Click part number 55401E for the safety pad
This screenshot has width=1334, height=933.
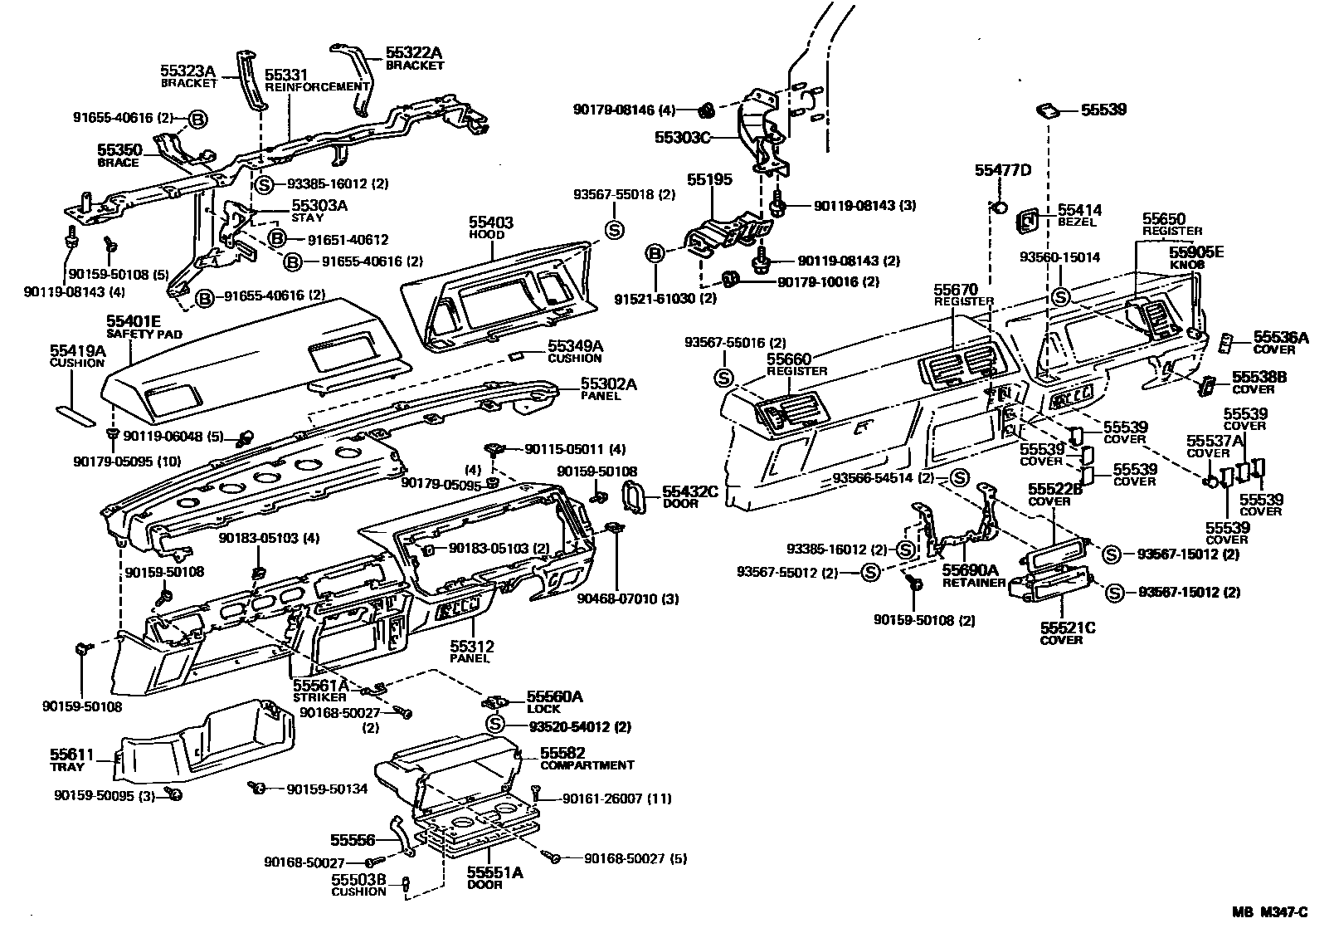click(x=133, y=320)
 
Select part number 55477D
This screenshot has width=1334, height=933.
click(x=1002, y=170)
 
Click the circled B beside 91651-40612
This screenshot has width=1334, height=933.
click(x=277, y=239)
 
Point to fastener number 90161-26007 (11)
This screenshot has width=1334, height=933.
click(x=616, y=799)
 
